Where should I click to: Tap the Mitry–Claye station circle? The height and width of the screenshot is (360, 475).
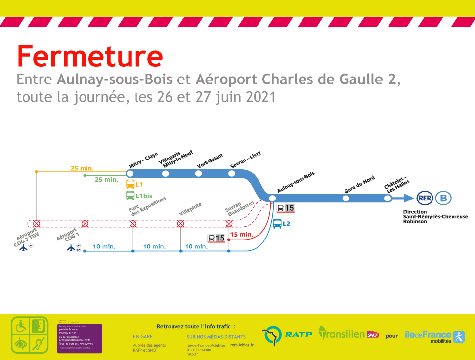point(130,173)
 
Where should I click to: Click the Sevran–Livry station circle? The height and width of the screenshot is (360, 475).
point(232,173)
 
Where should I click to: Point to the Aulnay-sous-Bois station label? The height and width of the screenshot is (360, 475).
point(296,182)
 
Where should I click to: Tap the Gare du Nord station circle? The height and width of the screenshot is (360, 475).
point(345,198)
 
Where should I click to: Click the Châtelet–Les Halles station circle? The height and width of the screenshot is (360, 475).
point(388,198)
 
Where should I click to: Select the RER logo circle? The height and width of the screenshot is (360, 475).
point(425,198)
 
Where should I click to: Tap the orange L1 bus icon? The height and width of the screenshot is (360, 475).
point(130,185)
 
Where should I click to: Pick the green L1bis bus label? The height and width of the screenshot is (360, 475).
point(144,196)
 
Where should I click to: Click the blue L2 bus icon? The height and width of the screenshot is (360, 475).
point(277,224)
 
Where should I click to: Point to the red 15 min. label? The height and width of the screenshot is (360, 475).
point(242,234)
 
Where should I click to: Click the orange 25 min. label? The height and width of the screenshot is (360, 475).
point(82,168)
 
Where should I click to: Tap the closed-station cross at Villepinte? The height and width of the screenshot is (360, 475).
point(181,224)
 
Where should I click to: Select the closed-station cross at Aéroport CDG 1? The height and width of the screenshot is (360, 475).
point(85,224)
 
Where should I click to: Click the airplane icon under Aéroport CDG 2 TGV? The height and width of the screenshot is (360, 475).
point(24,248)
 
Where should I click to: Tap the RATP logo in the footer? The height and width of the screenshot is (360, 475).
point(287,334)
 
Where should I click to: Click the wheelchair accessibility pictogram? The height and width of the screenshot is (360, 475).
point(21,326)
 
